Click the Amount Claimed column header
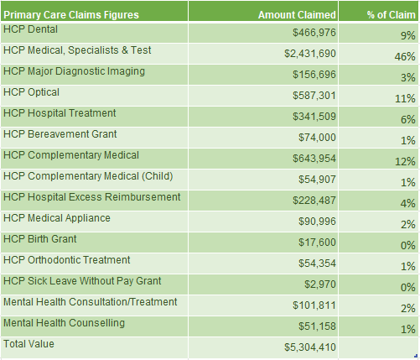point(297,15)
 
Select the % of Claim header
point(391,15)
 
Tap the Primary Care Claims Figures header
point(71,15)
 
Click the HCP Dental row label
point(30,29)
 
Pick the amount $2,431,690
point(310,54)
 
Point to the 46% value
point(405,57)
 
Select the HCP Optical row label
point(31,92)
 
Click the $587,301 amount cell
point(314,96)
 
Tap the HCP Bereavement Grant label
point(60,134)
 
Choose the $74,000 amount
point(317,138)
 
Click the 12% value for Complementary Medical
point(405,162)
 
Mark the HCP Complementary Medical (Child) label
point(88,176)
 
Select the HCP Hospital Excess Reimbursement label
point(92,197)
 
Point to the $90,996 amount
point(317,222)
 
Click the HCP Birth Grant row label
point(40,239)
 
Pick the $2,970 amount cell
point(320,284)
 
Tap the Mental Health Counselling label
point(64,323)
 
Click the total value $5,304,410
point(310,347)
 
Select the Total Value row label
point(29,344)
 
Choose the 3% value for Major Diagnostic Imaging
point(408,78)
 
